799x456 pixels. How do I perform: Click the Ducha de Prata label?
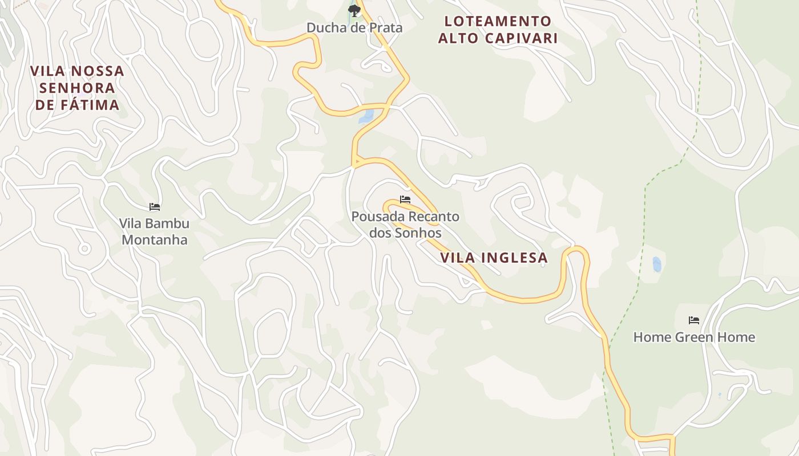(354, 27)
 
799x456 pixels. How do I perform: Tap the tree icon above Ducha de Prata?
(354, 10)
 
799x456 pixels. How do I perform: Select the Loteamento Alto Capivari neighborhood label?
(498, 30)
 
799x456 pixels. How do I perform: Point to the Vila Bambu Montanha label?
(155, 231)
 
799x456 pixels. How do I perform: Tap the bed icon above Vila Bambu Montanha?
(155, 206)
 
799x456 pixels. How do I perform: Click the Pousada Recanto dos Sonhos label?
(405, 225)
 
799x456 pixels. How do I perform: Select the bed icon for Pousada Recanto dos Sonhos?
(405, 199)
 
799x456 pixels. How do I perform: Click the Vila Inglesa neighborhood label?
(494, 258)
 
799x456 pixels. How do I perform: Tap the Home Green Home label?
(694, 337)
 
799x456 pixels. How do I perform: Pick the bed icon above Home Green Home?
(694, 320)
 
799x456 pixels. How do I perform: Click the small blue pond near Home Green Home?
(657, 264)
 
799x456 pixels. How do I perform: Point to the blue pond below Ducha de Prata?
(366, 117)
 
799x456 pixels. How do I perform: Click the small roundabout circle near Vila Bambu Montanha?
(84, 249)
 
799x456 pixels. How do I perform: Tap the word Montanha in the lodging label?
(155, 239)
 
